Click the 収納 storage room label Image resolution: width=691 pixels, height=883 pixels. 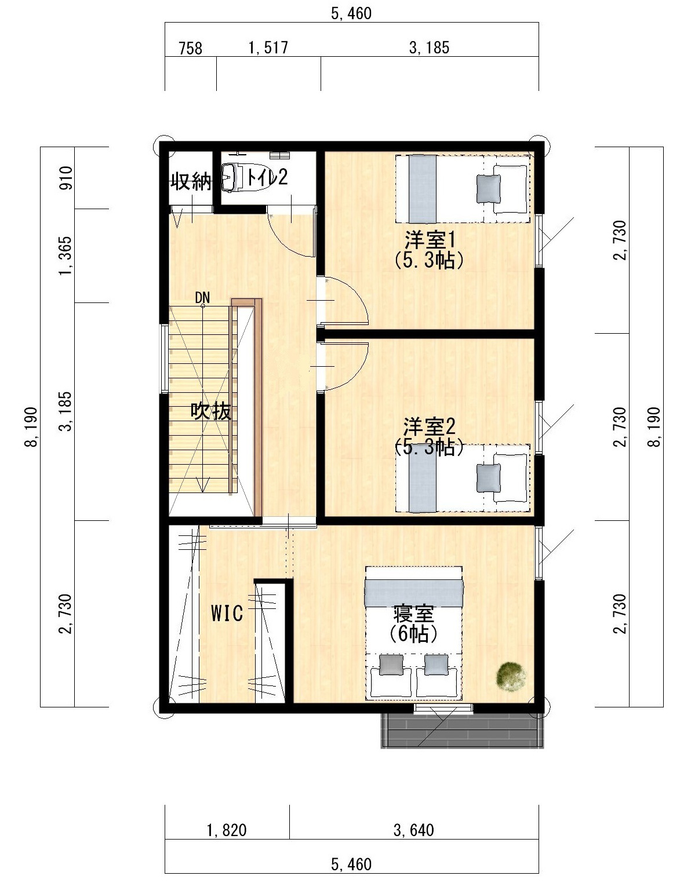coord(191,181)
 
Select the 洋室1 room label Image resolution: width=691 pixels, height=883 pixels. coord(430,240)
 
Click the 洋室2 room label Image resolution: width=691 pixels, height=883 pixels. coord(429,428)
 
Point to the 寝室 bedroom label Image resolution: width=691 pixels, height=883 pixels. coord(413,614)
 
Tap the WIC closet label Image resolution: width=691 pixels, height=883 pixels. coord(227,613)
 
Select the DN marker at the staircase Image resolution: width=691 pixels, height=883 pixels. coord(202,298)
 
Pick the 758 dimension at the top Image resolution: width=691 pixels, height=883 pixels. coord(191,49)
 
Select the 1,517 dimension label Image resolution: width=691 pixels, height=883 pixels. coord(268,48)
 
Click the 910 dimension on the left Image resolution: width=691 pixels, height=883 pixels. coord(66,178)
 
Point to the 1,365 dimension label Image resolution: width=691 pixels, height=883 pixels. coord(65,256)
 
